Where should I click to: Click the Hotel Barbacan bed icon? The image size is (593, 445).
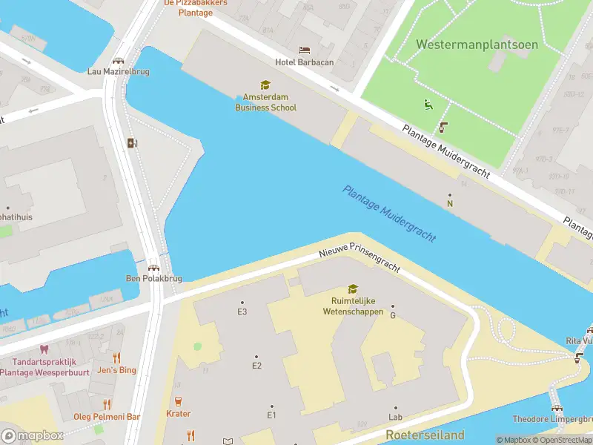point(304,50)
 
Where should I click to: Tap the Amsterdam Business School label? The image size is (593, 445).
point(265,102)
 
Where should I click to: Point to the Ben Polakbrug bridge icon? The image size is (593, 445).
point(153,268)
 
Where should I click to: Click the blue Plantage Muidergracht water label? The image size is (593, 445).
point(388,213)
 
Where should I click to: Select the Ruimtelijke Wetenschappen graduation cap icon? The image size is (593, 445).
point(353,289)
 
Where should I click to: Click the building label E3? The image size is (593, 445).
point(242,311)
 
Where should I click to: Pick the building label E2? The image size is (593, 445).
point(256,365)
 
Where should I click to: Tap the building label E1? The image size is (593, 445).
point(271,415)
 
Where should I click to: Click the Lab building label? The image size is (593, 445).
point(395,417)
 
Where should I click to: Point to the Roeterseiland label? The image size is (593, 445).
point(425,435)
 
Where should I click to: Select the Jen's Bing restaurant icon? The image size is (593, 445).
point(116,357)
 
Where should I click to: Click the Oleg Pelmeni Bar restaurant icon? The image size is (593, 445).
point(107,404)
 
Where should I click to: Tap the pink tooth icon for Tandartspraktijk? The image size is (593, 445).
point(43,349)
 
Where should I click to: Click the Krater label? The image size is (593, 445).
point(178,414)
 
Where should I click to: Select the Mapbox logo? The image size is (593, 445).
point(32,435)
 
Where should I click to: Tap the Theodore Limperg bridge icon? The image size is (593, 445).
point(556,406)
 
